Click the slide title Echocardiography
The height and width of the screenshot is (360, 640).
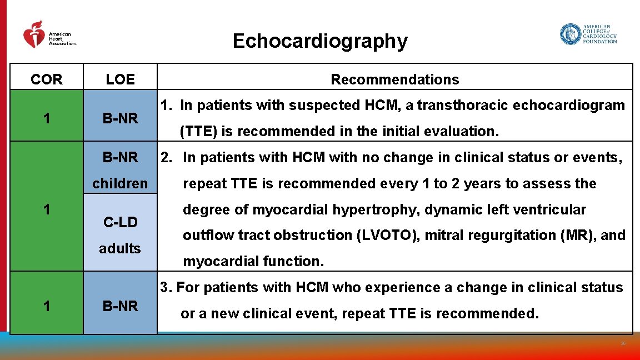pyautogui.click(x=319, y=41)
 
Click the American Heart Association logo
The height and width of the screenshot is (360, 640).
pyautogui.click(x=49, y=35)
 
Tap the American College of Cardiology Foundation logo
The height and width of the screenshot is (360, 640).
pyautogui.click(x=588, y=34)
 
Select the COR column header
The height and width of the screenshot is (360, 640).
pyautogui.click(x=47, y=79)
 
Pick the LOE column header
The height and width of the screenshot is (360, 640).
pyautogui.click(x=120, y=79)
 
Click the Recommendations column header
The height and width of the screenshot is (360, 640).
pyautogui.click(x=394, y=79)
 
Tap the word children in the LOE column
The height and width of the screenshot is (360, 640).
pyautogui.click(x=120, y=183)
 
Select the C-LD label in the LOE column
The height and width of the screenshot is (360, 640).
pyautogui.click(x=120, y=222)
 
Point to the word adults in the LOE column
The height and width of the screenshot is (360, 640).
pyautogui.click(x=120, y=248)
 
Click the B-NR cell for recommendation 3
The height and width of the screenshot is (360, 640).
pyautogui.click(x=120, y=306)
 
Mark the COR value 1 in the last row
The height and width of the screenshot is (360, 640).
pyautogui.click(x=47, y=306)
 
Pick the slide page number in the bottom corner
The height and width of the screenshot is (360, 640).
pyautogui.click(x=623, y=344)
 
